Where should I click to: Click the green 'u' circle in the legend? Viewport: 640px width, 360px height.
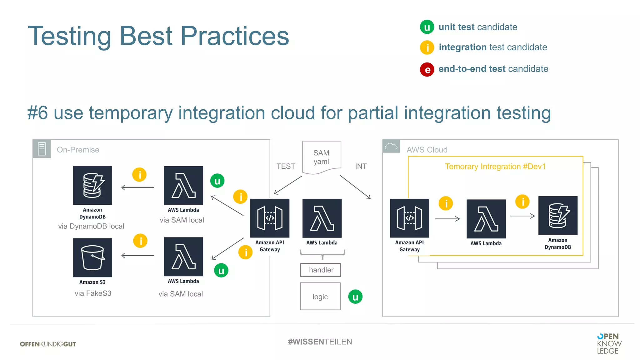click(x=427, y=27)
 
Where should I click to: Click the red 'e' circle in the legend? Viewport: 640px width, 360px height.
click(x=427, y=69)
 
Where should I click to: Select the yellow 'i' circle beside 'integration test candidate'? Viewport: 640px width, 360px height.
click(x=427, y=48)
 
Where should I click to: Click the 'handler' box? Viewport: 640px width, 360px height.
click(x=320, y=270)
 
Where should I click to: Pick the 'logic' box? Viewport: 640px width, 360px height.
click(x=320, y=297)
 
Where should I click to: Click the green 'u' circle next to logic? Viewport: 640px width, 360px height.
click(x=355, y=297)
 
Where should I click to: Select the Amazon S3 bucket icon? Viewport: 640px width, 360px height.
click(x=92, y=258)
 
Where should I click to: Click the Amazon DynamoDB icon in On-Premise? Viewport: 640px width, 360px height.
click(x=92, y=185)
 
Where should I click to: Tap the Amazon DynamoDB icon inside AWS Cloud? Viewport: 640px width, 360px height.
click(x=558, y=216)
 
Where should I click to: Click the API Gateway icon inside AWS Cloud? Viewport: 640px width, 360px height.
click(x=409, y=218)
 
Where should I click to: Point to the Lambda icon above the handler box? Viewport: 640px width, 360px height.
click(x=322, y=218)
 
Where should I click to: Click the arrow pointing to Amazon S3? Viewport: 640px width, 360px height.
click(x=137, y=256)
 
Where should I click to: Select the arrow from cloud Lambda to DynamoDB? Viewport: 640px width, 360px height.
click(x=522, y=216)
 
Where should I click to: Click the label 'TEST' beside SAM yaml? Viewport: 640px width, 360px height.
click(x=286, y=166)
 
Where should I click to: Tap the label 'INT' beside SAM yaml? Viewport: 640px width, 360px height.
click(x=361, y=166)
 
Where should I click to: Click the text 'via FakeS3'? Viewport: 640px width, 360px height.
click(x=93, y=293)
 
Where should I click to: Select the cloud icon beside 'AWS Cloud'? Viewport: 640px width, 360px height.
click(x=391, y=146)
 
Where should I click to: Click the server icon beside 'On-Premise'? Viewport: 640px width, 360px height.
click(x=42, y=149)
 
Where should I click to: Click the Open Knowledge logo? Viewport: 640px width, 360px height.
click(x=609, y=343)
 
